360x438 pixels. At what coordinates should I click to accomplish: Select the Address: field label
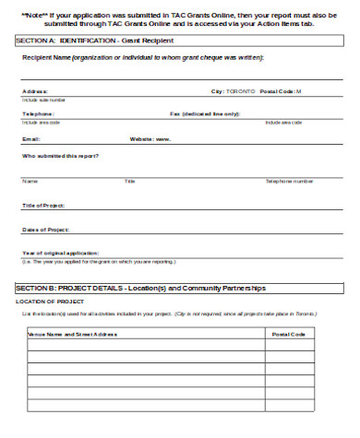coord(35,91)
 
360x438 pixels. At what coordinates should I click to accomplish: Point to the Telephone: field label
coord(39,113)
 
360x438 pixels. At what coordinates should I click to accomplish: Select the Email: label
coord(31,138)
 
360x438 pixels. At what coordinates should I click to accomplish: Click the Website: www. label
coord(150,138)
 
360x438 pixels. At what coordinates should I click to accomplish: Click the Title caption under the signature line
coord(130,181)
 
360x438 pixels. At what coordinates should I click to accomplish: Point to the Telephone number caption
coord(289,181)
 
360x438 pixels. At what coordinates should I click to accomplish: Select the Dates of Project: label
coord(46,229)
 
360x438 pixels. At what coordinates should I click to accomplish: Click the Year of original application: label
coord(60,253)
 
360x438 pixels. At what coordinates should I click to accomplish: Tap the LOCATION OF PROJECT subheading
coord(51,302)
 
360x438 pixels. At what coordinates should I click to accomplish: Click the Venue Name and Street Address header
coord(74,334)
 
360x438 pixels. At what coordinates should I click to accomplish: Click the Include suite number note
coord(43,99)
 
